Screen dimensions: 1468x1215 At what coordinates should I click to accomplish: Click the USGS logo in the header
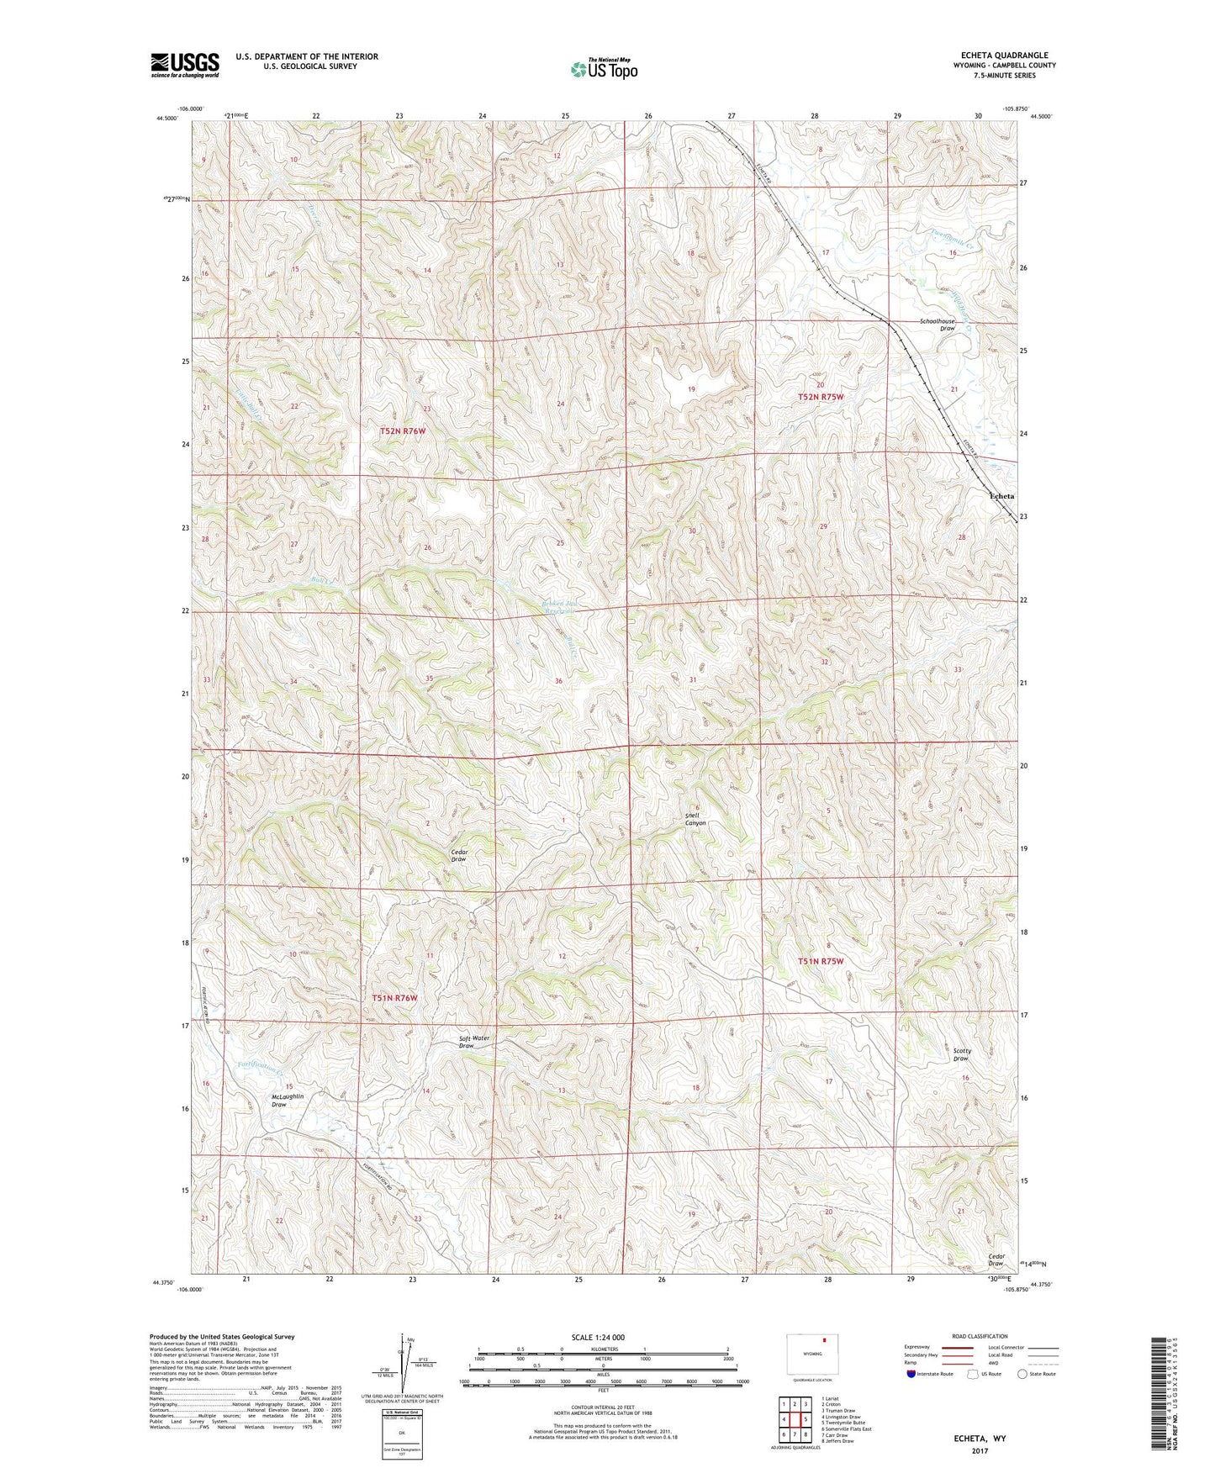coord(184,64)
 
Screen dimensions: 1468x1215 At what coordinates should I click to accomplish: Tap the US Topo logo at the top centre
coord(604,69)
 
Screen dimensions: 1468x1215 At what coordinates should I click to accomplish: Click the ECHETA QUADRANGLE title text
coord(1004,55)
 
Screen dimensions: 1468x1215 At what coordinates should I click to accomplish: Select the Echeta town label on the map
coord(1001,496)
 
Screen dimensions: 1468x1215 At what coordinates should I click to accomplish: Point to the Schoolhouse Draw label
coord(937,325)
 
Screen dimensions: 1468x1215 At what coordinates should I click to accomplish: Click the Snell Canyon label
coord(695,819)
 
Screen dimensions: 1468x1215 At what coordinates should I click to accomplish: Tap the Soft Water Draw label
coord(473,1042)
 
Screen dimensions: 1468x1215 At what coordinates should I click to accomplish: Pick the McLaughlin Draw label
coord(288,1100)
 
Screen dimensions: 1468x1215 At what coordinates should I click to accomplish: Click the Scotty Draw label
coord(962,1054)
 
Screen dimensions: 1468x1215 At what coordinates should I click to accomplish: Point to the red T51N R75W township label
coord(820,961)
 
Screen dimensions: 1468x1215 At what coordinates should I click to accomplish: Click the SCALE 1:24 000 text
coord(598,1337)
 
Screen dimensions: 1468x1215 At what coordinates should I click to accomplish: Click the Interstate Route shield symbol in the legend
coord(911,1374)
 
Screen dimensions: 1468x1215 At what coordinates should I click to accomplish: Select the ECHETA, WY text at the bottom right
coord(979,1439)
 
